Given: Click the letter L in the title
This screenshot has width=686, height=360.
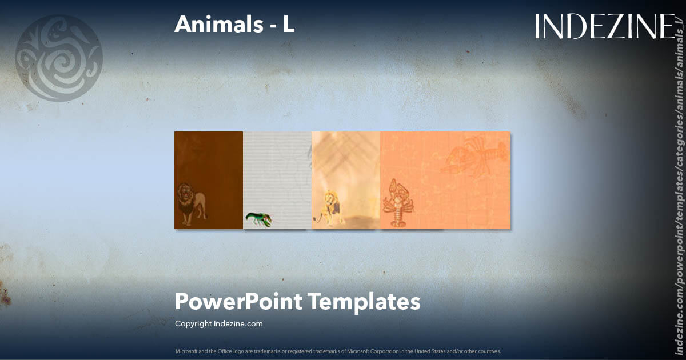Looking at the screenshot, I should pos(289,25).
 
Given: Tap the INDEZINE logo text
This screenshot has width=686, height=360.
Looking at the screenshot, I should pos(605,26).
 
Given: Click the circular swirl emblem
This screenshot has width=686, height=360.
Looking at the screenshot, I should pos(59,58).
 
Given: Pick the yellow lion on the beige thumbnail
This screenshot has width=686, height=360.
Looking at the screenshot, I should pos(333,206).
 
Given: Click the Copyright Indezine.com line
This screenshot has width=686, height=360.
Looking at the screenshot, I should pos(218,323).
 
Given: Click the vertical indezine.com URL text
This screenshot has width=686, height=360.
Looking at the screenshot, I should pos(679,189).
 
